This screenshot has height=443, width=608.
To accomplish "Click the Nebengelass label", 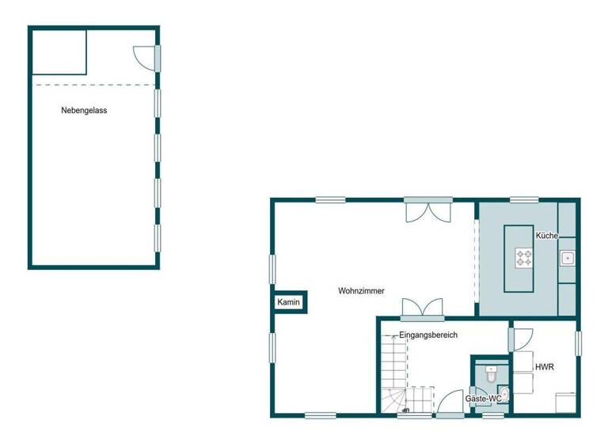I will tap(84, 111).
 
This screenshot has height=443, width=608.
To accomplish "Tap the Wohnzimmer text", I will tap(361, 291).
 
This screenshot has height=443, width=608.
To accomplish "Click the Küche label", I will tap(547, 236).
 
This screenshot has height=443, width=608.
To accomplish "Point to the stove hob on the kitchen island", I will tap(525, 256).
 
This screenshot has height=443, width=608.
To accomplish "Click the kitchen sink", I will tap(568, 258).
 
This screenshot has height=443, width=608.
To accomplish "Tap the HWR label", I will tap(544, 368).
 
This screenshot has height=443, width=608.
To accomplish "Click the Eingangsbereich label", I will tap(428, 335).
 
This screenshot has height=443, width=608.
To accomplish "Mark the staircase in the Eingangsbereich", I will tap(396, 372).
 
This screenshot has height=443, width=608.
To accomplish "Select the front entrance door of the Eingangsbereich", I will tap(452, 403).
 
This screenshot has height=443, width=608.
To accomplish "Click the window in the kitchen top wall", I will tap(524, 199).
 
